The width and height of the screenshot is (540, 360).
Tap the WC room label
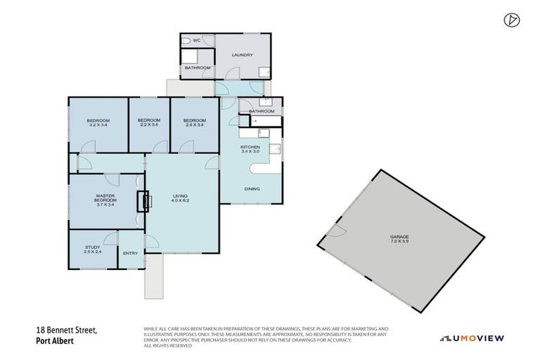[197, 41]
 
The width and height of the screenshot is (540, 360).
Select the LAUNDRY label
[242, 55]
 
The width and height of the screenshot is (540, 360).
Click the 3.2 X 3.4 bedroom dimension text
[98, 126]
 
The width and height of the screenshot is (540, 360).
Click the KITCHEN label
[251, 147]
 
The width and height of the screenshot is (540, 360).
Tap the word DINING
[252, 188]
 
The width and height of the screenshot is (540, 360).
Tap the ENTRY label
[130, 253]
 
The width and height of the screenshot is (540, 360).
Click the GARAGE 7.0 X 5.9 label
[399, 239]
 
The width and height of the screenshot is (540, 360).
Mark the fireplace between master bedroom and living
[145, 201]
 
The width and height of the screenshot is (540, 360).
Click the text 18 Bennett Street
[66, 329]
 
